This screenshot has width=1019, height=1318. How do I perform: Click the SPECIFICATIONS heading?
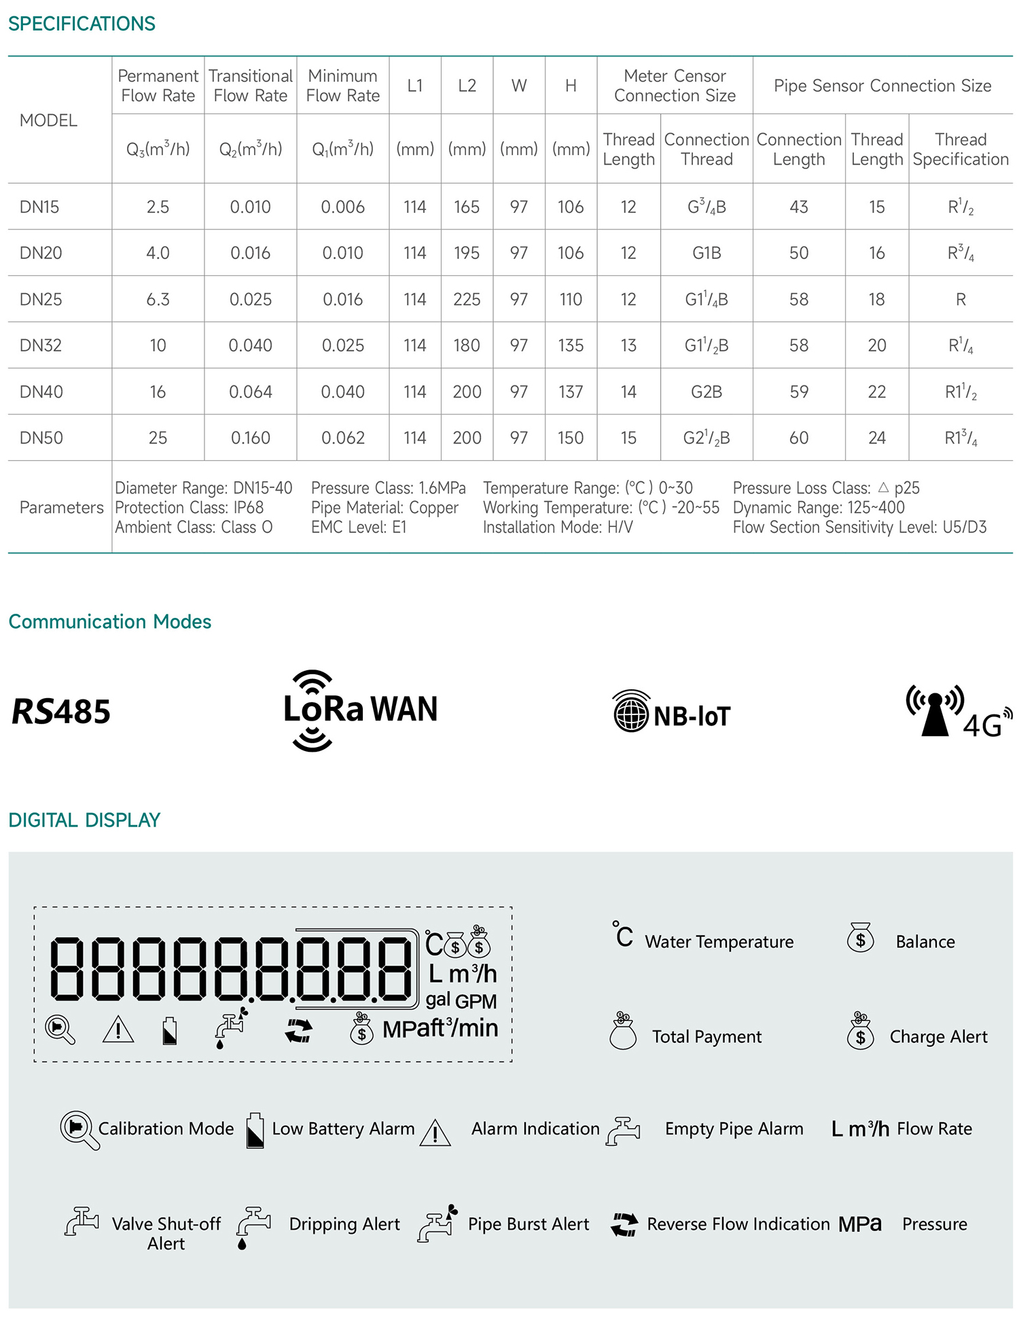pos(82,24)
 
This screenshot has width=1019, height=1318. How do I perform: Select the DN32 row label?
pos(41,345)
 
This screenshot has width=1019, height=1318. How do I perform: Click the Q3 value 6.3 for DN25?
pos(158,299)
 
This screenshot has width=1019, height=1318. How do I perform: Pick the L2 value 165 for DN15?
pos(467,207)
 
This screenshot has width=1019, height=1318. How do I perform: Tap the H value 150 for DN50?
pos(571,438)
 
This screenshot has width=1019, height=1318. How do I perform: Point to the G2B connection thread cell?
pos(707,392)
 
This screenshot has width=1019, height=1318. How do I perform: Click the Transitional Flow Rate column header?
pos(251,86)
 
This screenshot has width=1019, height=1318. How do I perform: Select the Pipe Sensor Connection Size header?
pos(882,86)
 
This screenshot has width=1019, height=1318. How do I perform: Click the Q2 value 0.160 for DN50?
pos(251,438)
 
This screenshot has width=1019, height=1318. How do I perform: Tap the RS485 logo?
pos(61,712)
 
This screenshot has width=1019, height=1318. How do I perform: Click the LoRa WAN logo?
pos(360,710)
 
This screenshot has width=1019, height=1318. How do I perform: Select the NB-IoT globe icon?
pos(631,712)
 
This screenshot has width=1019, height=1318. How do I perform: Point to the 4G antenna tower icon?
pos(935,711)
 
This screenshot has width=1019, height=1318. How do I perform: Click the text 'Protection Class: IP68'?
pos(190,508)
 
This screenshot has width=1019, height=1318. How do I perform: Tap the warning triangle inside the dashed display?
pos(118,1030)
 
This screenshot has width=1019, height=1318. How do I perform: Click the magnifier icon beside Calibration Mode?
pos(79,1129)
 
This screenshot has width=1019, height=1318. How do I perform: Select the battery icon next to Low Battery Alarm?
pos(255,1130)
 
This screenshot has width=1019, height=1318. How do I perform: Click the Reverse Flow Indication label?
pos(738,1224)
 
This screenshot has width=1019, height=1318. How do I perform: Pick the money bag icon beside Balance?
pos(860,938)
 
